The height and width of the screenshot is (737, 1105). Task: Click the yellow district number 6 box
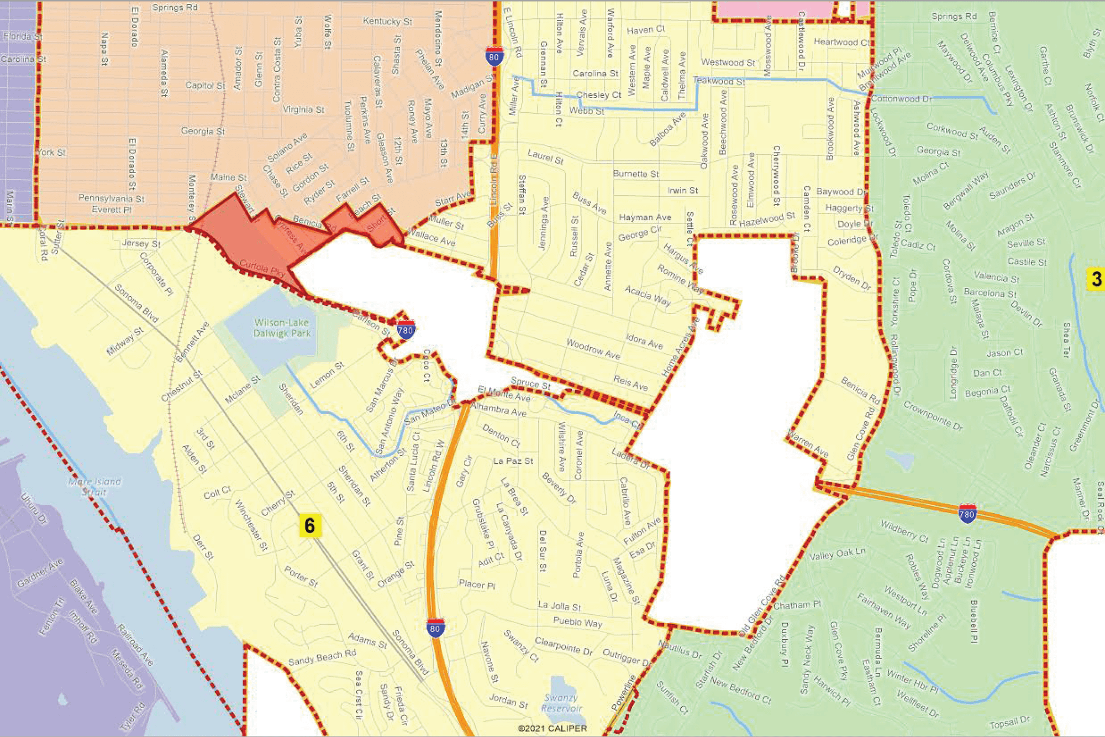coord(310,525)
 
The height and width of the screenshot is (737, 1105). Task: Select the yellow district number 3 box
coord(1096,279)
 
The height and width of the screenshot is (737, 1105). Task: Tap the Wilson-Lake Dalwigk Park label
coord(282,328)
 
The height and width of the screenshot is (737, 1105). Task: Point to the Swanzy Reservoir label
coord(561,703)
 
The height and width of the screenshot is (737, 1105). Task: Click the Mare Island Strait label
coord(94,486)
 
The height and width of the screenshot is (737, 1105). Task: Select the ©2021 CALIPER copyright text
coord(552,729)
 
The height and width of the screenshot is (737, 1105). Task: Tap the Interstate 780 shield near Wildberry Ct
coord(967,514)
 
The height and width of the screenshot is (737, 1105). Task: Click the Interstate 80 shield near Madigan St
coord(494,56)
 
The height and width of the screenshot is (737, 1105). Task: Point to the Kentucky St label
coord(387,22)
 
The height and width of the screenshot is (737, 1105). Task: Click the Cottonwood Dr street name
coord(901,99)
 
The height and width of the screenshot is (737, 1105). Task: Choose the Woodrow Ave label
coord(593,349)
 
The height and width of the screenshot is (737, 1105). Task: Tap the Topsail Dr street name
coord(1010,723)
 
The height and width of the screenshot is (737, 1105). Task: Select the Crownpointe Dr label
coord(933,415)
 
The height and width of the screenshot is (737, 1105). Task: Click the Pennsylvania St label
coord(111,198)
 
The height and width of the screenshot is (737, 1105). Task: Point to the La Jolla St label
coord(560,606)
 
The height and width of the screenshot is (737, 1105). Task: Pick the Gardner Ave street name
coord(40,573)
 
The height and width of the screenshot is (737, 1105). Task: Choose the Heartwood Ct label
coord(841,42)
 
